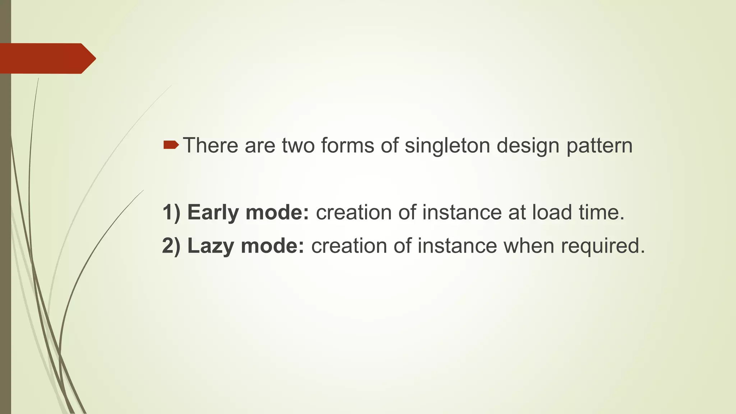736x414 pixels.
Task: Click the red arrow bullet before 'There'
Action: (171, 145)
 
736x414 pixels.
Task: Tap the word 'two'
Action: (298, 146)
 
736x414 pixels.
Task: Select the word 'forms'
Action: (348, 146)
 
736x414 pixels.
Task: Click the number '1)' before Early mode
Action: (171, 212)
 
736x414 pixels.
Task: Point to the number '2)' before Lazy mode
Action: (171, 246)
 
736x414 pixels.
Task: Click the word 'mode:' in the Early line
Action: (277, 212)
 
